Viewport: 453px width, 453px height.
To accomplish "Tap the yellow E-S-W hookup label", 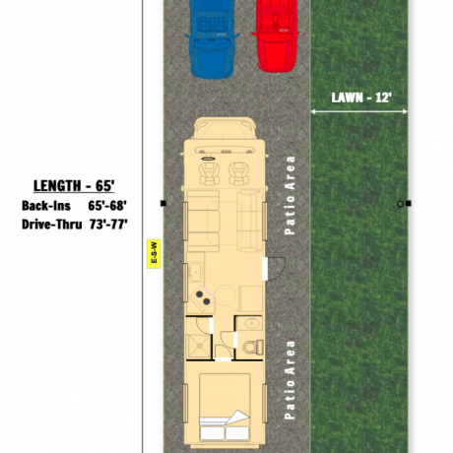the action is pyautogui.click(x=154, y=254).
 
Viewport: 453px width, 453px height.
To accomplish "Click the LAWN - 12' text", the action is pyautogui.click(x=361, y=97).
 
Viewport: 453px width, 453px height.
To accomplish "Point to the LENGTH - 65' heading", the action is pyautogui.click(x=74, y=186).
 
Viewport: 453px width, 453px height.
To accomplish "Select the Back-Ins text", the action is pyautogui.click(x=46, y=206).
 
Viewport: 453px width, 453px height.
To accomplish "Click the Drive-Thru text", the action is pyautogui.click(x=52, y=225).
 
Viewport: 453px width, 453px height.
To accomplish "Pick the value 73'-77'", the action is pyautogui.click(x=108, y=225).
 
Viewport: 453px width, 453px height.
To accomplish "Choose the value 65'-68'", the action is pyautogui.click(x=107, y=206).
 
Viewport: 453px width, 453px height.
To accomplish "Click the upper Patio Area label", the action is pyautogui.click(x=290, y=195).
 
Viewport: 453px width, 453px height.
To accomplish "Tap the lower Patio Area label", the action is pyautogui.click(x=290, y=380).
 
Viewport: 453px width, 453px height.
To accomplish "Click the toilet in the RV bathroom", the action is pyautogui.click(x=253, y=347).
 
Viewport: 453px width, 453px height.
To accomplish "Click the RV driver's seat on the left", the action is pyautogui.click(x=209, y=173).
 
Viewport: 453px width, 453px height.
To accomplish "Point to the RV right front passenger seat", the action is pyautogui.click(x=238, y=173).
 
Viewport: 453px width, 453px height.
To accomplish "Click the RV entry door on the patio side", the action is pyautogui.click(x=273, y=269).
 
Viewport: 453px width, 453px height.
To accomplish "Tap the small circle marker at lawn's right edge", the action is pyautogui.click(x=400, y=204).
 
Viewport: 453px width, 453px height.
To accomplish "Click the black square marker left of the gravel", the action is pyautogui.click(x=163, y=204).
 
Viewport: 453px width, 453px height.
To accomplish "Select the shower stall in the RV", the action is pyautogui.click(x=199, y=347).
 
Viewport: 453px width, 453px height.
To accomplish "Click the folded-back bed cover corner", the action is pyautogui.click(x=238, y=418).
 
